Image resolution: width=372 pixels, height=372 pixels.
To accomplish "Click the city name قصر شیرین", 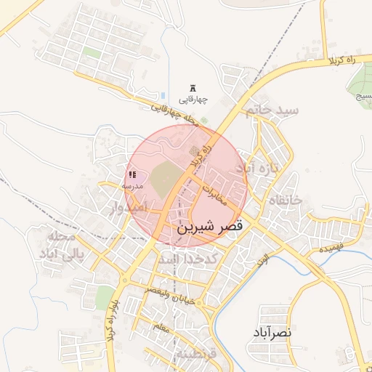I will click(x=210, y=227).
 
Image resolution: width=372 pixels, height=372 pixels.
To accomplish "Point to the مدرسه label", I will click(x=136, y=186).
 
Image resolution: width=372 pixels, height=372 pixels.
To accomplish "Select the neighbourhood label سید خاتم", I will click(x=272, y=110).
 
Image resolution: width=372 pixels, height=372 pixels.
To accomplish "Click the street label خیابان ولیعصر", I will click(x=171, y=291).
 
